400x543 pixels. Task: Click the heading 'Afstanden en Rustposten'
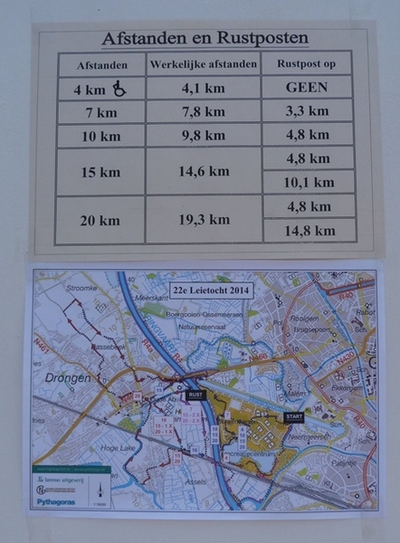point(205,39)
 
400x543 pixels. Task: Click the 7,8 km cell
point(203,112)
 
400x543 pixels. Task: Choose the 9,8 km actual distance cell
point(203,136)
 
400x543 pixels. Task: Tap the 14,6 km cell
point(203,171)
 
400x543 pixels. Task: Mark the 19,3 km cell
point(203,219)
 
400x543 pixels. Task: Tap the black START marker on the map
point(294,417)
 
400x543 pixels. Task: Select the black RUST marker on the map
point(195,395)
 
